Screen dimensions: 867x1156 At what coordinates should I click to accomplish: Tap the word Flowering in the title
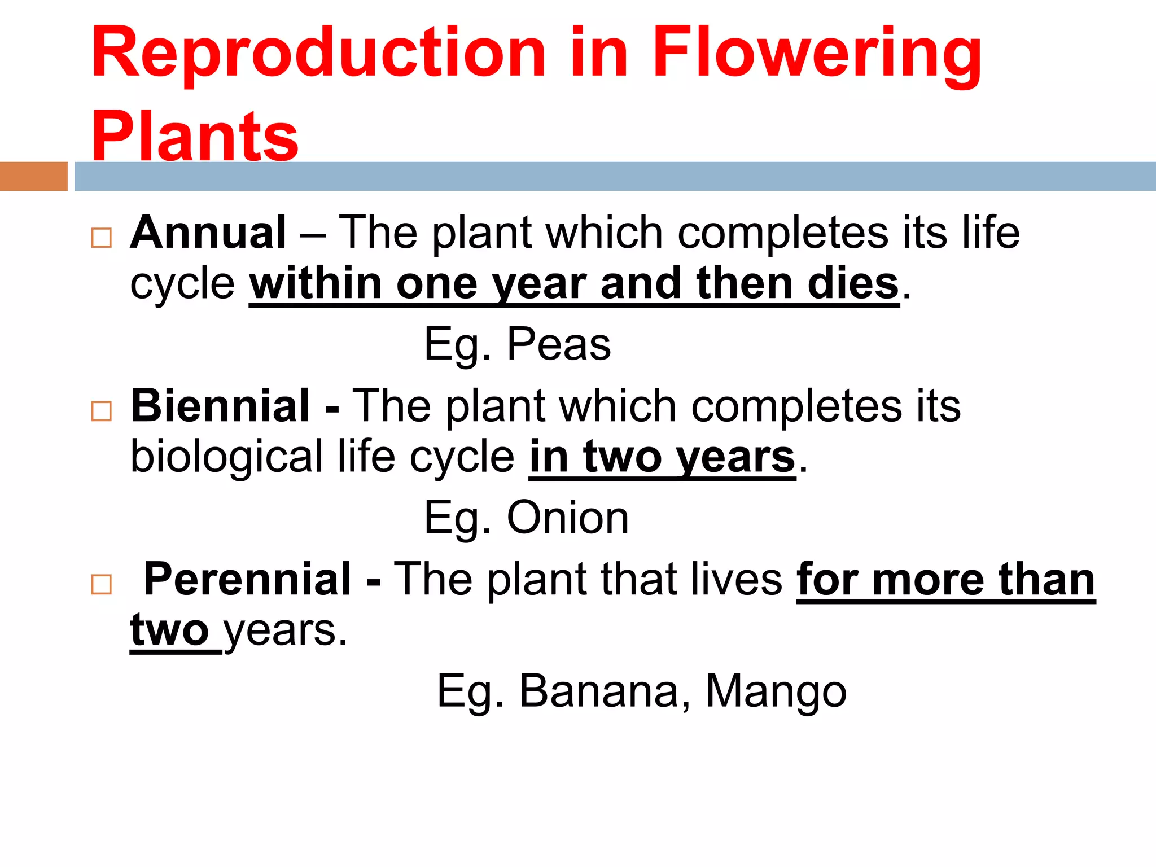click(817, 54)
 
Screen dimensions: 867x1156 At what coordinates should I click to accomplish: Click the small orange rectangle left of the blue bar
click(33, 176)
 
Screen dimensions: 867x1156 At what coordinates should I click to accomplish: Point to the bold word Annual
click(208, 233)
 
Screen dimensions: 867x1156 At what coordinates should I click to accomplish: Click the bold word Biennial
click(220, 406)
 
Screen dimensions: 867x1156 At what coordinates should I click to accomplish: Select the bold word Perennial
click(248, 579)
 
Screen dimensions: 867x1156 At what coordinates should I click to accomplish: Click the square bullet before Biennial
click(102, 411)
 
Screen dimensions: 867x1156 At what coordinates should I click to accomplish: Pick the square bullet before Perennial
click(102, 584)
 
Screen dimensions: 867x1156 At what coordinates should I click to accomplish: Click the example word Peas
click(559, 344)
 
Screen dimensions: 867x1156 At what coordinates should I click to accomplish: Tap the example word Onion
click(568, 518)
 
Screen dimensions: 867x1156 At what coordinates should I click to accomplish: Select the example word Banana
click(599, 691)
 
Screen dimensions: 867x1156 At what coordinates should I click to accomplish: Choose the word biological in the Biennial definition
click(226, 457)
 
